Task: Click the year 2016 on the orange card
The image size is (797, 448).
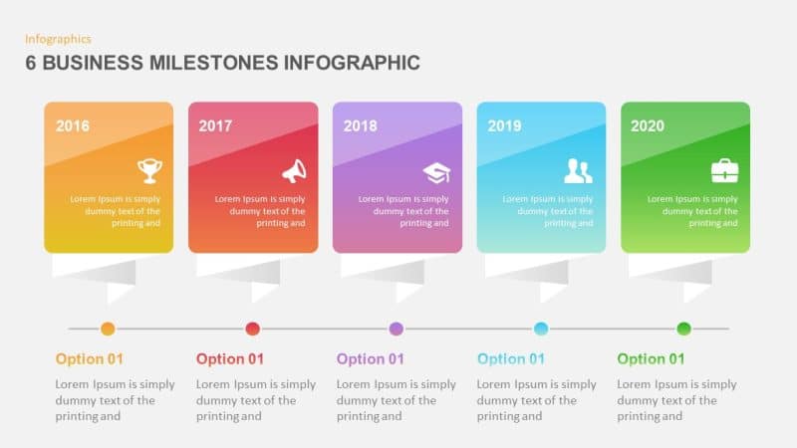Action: click(72, 126)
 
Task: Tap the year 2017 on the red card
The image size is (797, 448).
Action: click(215, 126)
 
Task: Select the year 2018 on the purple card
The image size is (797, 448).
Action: click(360, 126)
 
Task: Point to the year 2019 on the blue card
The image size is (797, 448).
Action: click(504, 126)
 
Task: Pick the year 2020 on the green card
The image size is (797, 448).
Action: click(648, 126)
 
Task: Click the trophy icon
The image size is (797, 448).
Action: click(149, 171)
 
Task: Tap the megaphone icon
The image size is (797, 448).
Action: click(294, 171)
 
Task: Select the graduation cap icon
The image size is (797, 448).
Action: click(436, 172)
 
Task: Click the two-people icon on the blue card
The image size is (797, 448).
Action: click(578, 171)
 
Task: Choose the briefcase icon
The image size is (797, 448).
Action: click(724, 171)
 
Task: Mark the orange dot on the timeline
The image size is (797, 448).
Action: click(108, 329)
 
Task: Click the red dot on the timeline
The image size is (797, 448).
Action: click(252, 329)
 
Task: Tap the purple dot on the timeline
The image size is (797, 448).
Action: click(397, 329)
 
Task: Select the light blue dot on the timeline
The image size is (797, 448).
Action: click(541, 329)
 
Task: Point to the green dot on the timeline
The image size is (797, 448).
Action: click(683, 329)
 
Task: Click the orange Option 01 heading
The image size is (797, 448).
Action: click(90, 359)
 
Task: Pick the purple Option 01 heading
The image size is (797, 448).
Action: click(371, 359)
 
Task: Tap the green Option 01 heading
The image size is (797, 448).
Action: click(651, 359)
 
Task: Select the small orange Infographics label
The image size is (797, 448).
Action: click(58, 39)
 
